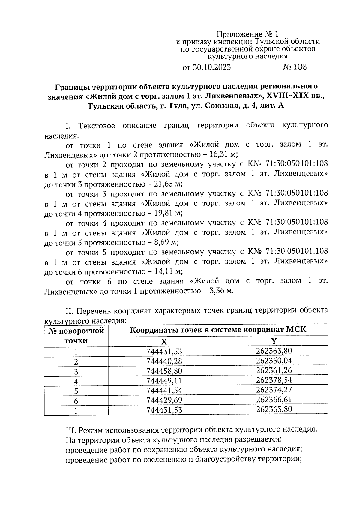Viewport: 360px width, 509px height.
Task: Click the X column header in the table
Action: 164,342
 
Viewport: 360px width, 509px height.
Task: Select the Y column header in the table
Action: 274,341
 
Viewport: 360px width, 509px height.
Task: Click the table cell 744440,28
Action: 164,361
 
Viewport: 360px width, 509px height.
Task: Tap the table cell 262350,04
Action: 274,361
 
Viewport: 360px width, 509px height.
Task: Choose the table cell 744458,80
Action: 164,371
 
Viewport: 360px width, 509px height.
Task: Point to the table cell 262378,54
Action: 274,380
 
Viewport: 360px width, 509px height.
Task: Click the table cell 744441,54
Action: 164,391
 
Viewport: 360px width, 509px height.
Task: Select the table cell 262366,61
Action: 274,400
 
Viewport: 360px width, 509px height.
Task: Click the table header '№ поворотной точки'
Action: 76,336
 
